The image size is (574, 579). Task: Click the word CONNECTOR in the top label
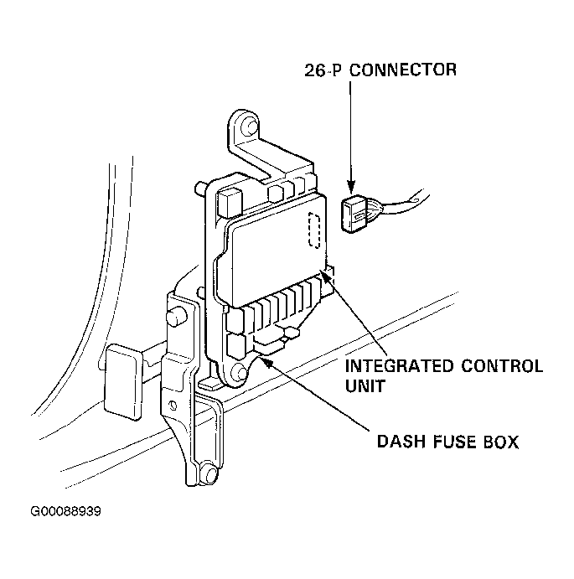[x=403, y=70]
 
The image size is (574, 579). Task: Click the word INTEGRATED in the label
[x=399, y=366]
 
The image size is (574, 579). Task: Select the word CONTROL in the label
[x=502, y=366]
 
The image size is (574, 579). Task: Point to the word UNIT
[x=365, y=386]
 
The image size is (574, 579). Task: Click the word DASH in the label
[x=401, y=442]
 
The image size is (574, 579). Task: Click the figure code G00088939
[x=65, y=511]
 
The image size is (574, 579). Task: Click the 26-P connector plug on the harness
[x=354, y=214]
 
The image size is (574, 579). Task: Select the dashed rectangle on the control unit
[x=314, y=230]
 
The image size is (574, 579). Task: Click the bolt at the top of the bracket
[x=249, y=127]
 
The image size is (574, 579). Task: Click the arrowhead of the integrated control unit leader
[x=325, y=276]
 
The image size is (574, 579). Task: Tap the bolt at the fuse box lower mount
[x=240, y=372]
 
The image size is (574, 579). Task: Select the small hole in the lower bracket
[x=172, y=406]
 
